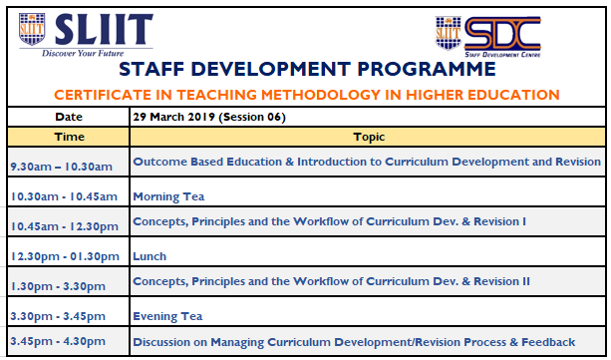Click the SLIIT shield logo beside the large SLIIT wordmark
point(32,29)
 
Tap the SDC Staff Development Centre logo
point(487,37)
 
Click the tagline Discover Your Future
point(83,53)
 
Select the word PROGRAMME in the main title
point(427,70)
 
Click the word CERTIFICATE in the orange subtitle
point(103,95)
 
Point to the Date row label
point(69,117)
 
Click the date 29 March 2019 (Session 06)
point(209,117)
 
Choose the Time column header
point(70,137)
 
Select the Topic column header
point(369,137)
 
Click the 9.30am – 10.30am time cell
point(61,167)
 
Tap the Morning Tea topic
point(168,196)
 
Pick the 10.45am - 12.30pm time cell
point(65,226)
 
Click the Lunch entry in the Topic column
point(150,256)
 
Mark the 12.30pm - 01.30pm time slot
point(65,256)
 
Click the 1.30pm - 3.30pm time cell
point(58,286)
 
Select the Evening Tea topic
point(167,316)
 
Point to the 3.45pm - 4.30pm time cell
point(58,341)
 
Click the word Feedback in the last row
point(548,342)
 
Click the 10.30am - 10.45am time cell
point(64,196)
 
